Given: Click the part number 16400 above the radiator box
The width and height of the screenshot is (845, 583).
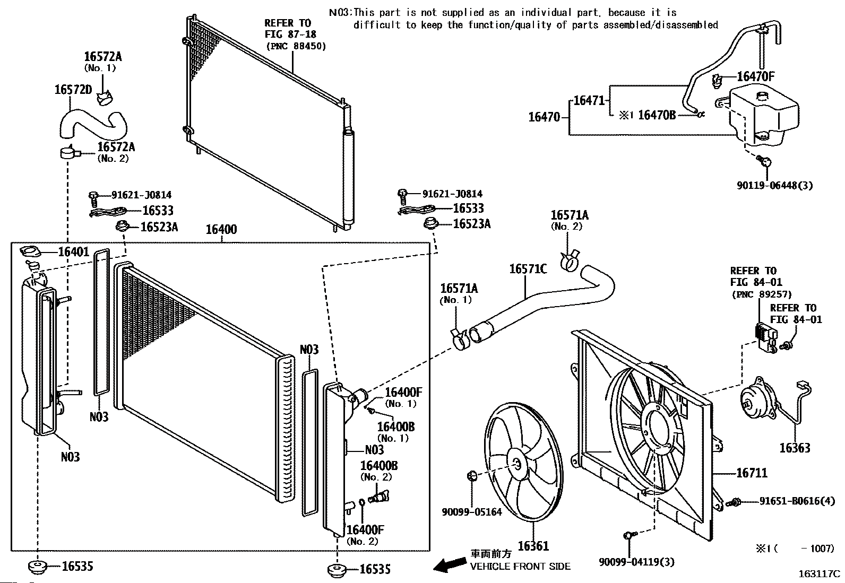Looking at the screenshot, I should click(221, 230).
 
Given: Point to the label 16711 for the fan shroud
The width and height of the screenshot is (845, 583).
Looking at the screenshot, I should click(751, 473).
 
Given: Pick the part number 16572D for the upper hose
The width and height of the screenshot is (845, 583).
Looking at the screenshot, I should click(73, 90).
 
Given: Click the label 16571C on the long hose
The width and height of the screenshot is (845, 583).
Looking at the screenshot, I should click(528, 269).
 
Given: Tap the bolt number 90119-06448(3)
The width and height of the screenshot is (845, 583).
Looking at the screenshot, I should click(775, 185).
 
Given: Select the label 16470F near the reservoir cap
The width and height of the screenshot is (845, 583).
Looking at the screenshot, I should click(755, 76).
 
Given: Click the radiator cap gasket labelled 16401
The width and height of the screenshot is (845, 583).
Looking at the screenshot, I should click(31, 250).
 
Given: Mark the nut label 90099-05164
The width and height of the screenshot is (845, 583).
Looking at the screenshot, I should click(471, 512).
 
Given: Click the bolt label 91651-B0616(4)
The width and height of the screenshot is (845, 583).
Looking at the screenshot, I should click(796, 501).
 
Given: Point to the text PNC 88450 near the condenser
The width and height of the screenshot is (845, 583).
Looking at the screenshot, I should click(296, 46).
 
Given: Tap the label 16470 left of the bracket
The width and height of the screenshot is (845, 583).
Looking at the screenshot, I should click(544, 117).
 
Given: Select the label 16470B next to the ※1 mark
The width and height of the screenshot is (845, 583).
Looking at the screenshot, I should click(657, 115).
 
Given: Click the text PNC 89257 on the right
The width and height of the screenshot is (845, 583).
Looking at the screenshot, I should click(761, 294).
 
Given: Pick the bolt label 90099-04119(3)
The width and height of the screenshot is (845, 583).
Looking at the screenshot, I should click(636, 562).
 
